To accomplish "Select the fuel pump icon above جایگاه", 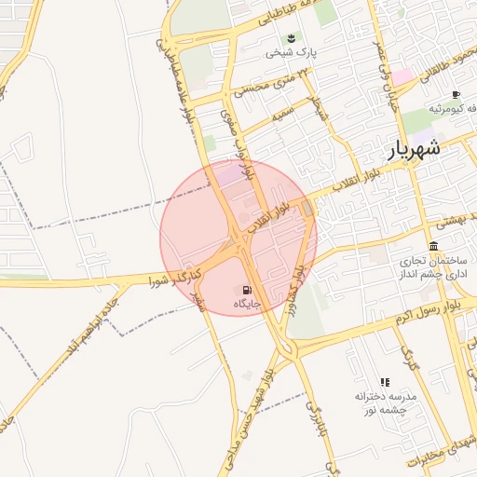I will [x=247, y=289].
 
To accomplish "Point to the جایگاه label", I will [x=246, y=304].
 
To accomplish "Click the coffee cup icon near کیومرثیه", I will [x=456, y=95].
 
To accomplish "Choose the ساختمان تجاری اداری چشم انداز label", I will [x=432, y=269].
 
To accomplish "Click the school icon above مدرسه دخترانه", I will [x=384, y=381].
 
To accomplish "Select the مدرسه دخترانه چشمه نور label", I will [x=384, y=402].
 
